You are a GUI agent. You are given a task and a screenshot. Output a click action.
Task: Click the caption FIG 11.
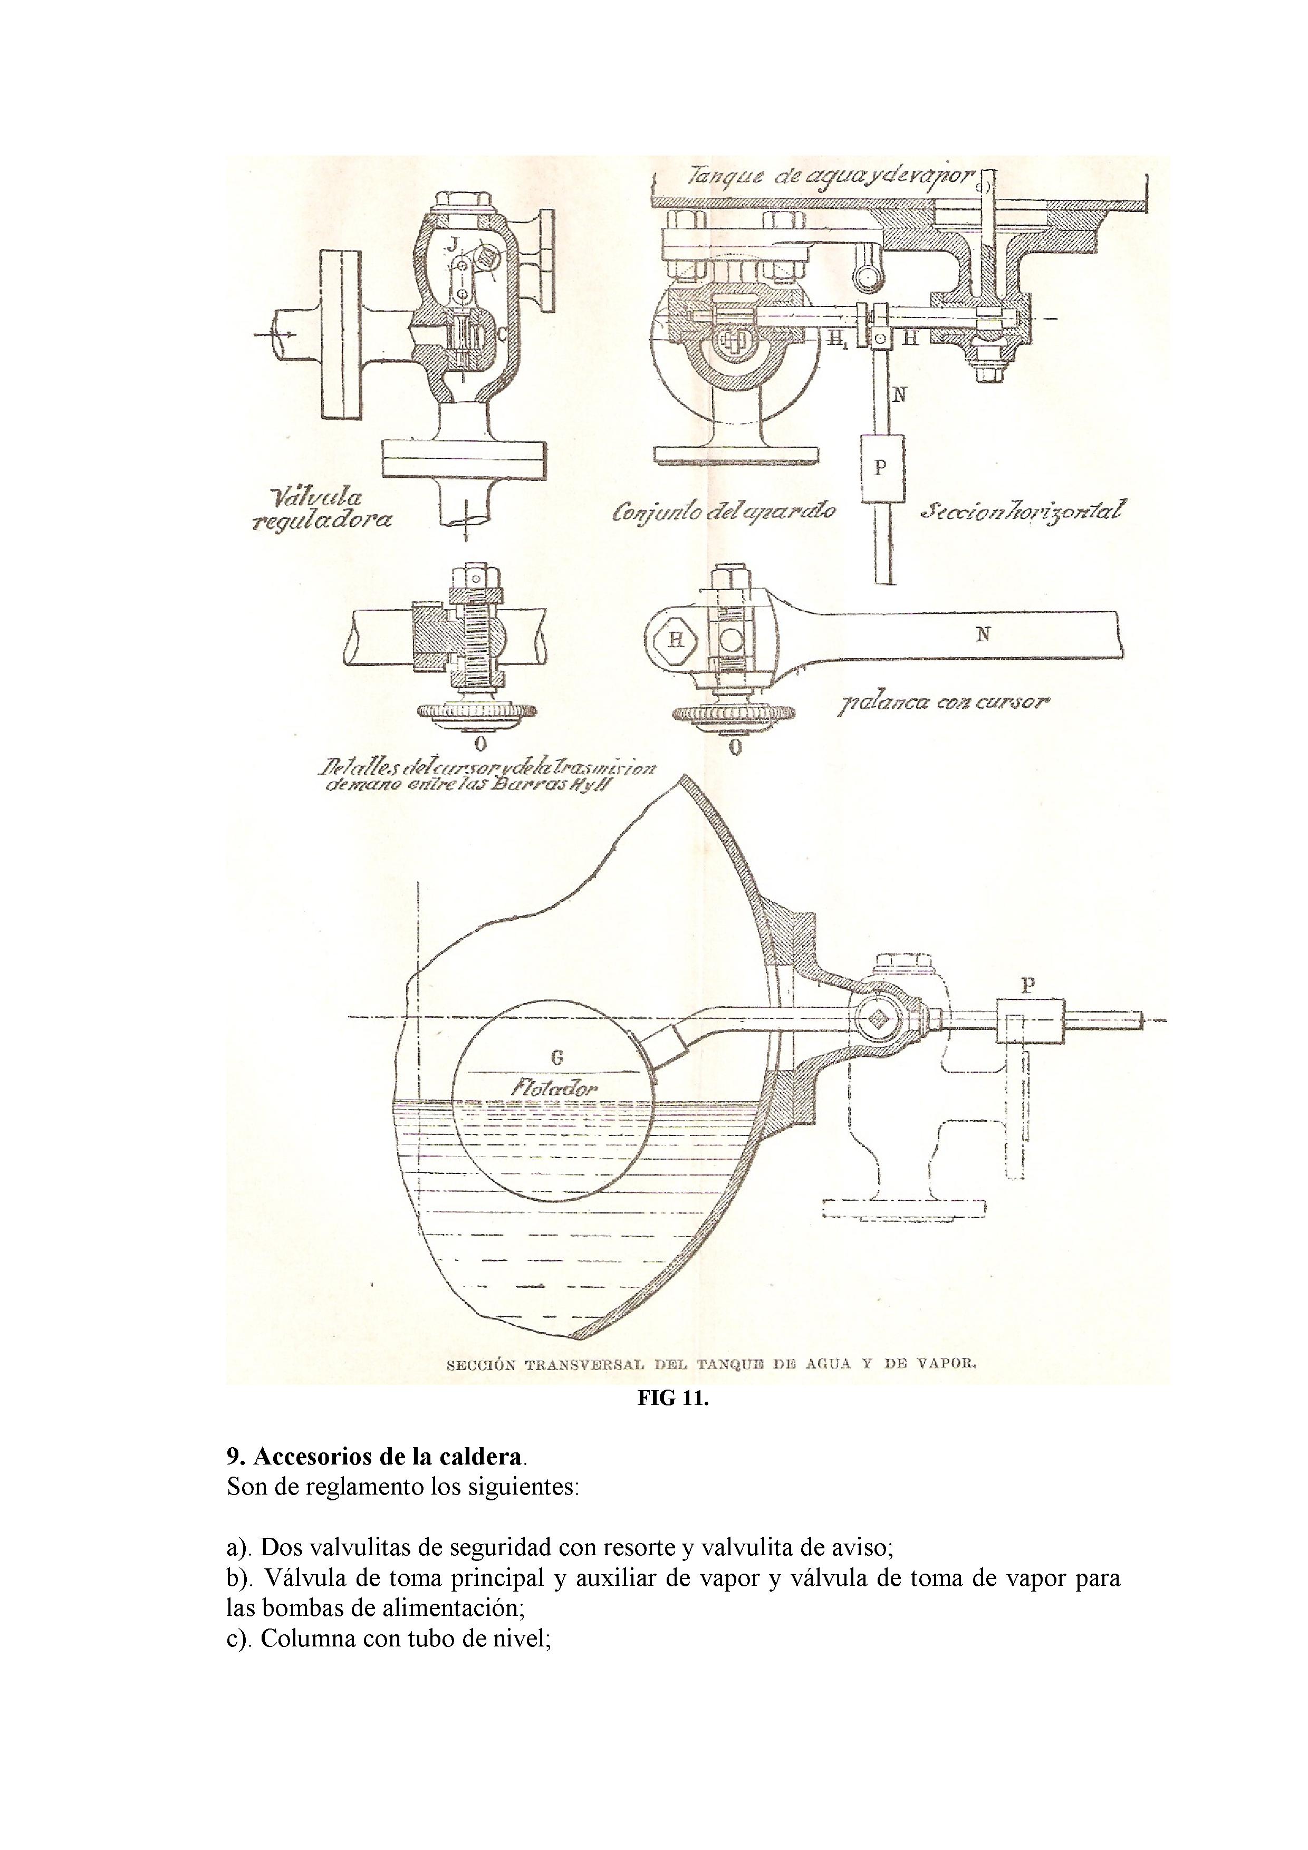(673, 1399)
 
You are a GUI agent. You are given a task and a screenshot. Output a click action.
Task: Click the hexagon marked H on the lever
(676, 640)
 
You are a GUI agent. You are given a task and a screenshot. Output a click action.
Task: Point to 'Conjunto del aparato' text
(724, 511)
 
